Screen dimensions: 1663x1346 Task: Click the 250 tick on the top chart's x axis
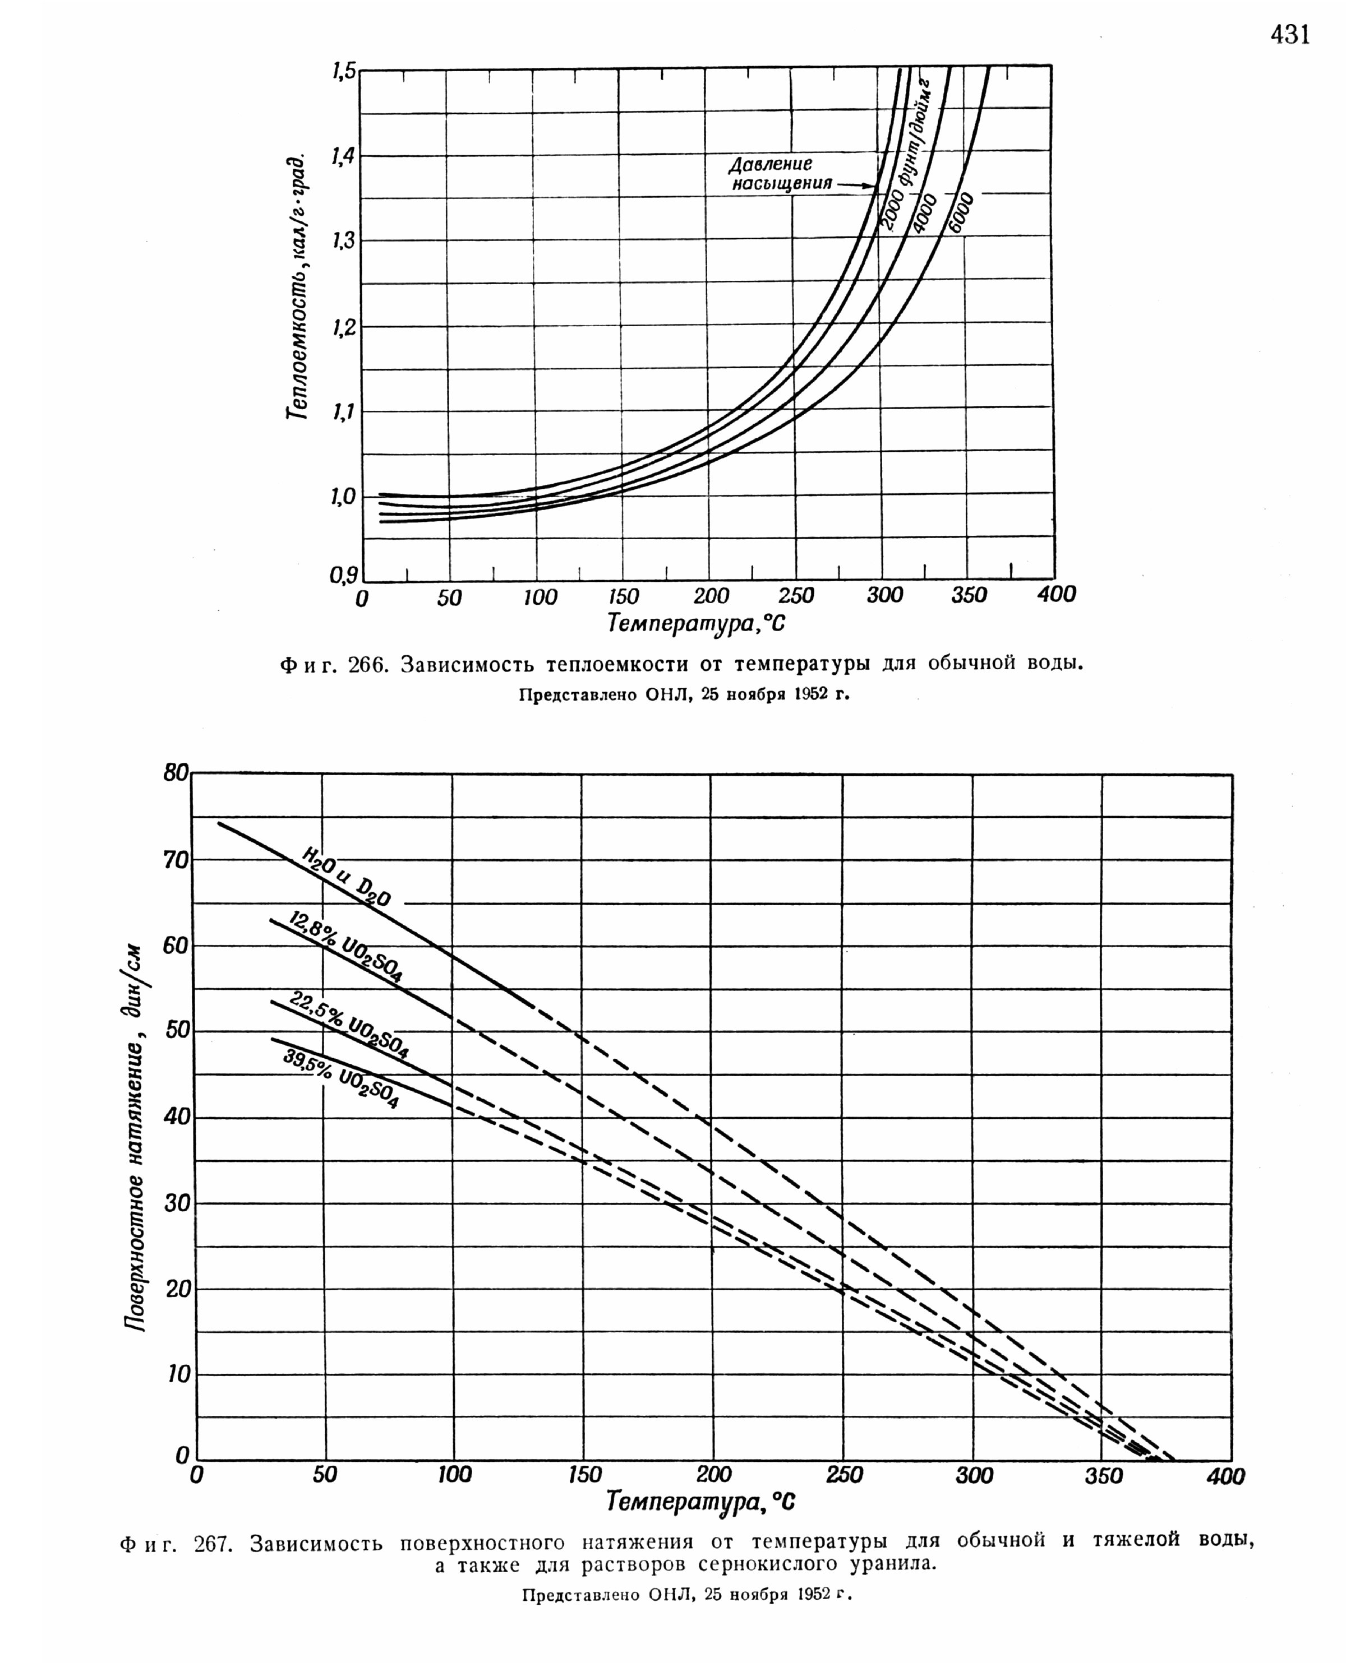796,595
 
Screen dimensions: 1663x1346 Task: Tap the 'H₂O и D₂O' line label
347,877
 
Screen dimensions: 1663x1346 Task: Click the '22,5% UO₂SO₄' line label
349,1023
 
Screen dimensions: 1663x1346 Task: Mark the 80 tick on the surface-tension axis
176,772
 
